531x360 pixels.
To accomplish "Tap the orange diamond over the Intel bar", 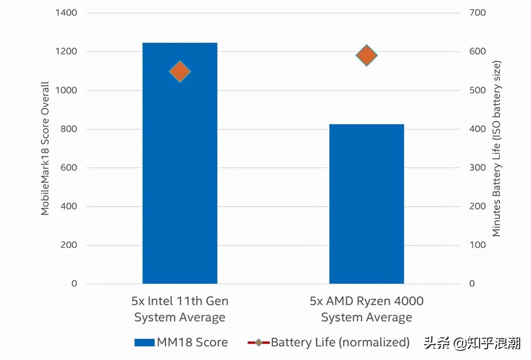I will coord(180,71).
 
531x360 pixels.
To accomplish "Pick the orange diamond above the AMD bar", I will coord(366,55).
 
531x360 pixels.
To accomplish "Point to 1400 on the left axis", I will coord(66,13).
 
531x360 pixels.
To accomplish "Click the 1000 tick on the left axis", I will coord(66,90).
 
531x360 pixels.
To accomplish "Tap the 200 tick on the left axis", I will coord(68,245).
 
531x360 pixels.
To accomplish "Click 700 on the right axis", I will coord(477,13).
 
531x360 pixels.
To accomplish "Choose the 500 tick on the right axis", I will coord(477,90).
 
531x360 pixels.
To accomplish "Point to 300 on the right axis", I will coord(477,168).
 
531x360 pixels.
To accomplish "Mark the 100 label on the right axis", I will coord(477,245).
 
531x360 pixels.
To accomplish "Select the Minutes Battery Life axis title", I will coord(497,148).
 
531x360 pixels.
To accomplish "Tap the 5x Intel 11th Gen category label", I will coord(180,309).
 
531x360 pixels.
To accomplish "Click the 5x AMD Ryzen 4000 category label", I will coord(366,309).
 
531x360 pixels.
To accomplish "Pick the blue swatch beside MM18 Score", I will coord(144,343).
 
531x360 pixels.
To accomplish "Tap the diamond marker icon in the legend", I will coord(258,343).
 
